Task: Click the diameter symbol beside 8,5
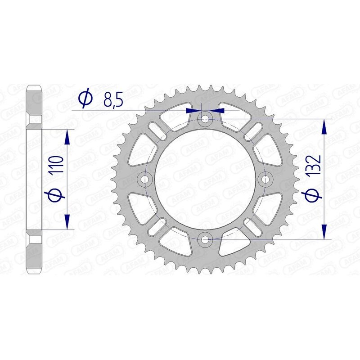[85, 99]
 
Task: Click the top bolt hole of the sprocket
[206, 119]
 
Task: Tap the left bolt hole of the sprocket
[145, 179]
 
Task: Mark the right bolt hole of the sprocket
[265, 179]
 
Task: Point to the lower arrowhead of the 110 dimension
[67, 223]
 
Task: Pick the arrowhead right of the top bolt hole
[218, 109]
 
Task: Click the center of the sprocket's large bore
[206, 179]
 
